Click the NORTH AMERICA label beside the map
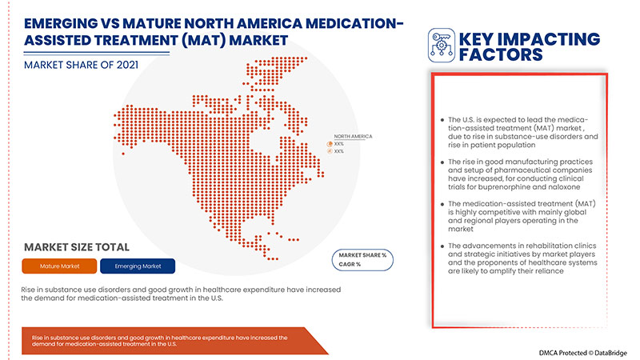353,136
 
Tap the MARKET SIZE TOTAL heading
77,246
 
